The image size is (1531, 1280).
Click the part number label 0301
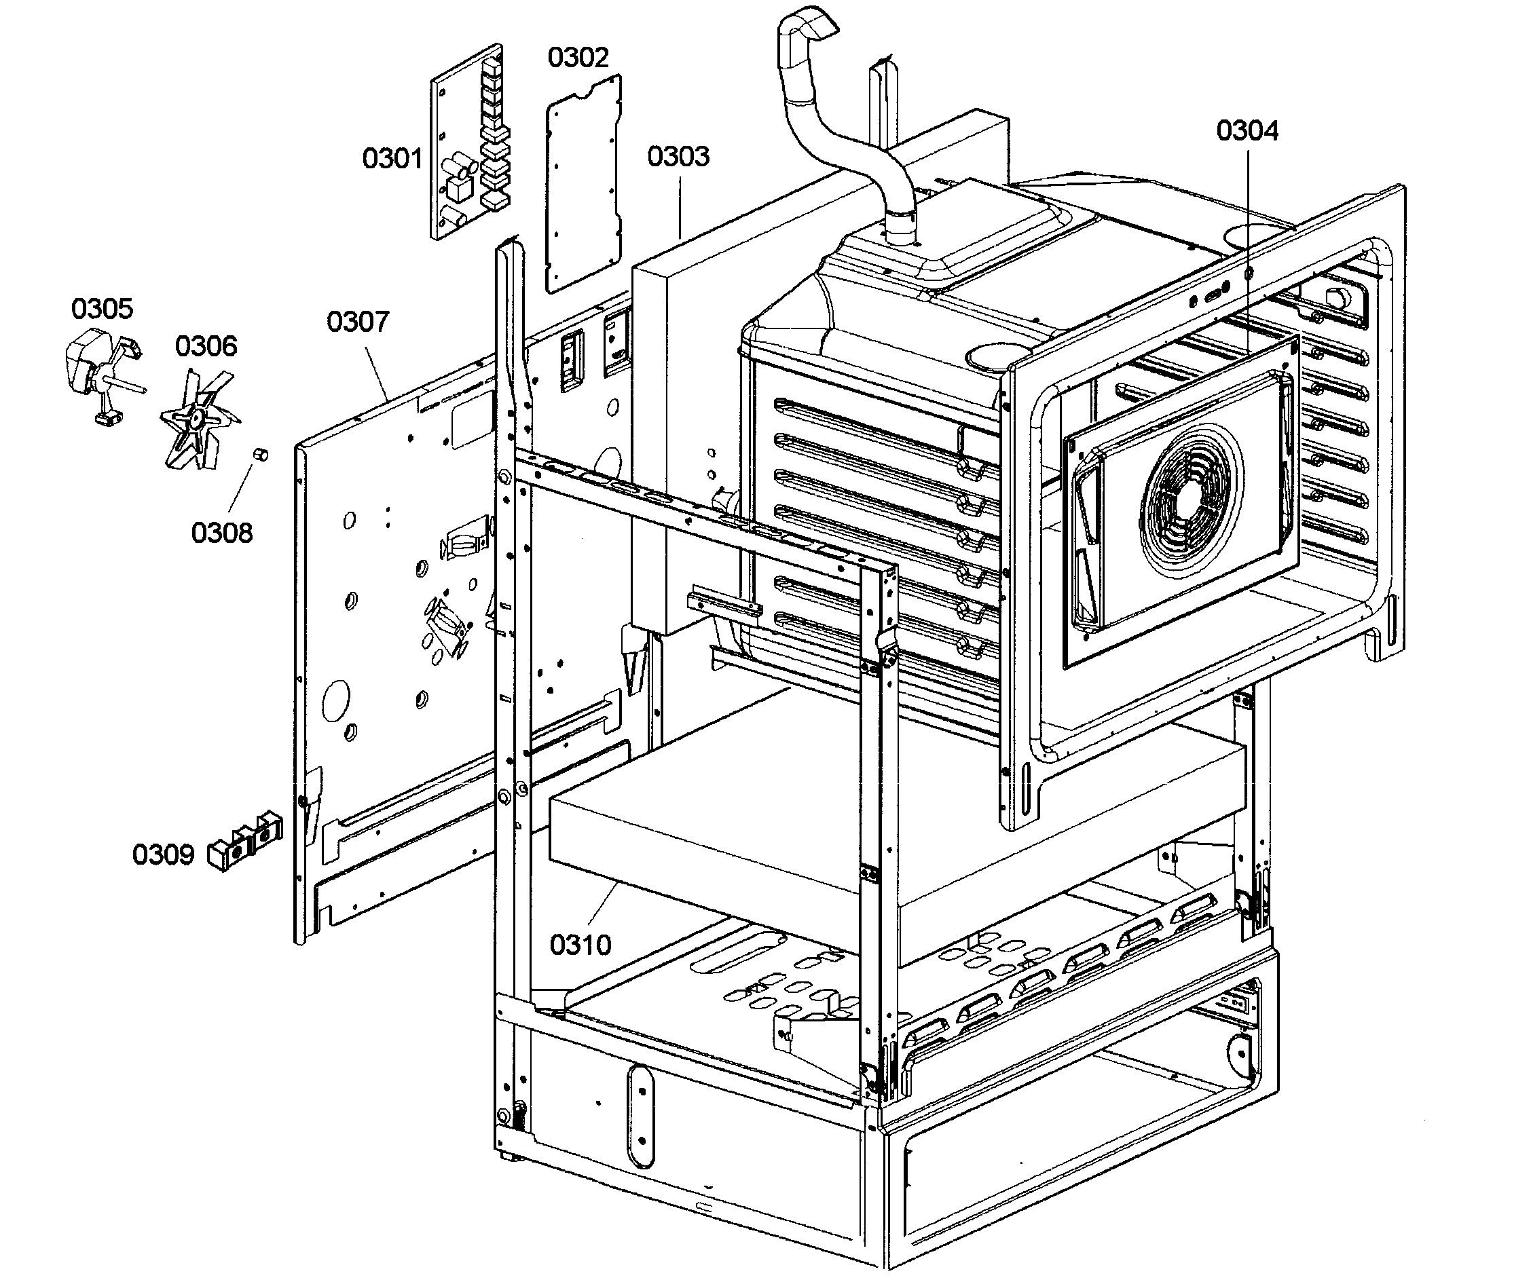point(392,158)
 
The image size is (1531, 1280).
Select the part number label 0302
point(578,57)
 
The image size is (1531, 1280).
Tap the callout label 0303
point(678,156)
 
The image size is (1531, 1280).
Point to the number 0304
point(1247,130)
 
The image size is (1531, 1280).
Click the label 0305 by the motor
point(102,308)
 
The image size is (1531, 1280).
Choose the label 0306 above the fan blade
point(206,345)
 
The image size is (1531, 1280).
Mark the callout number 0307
point(357,321)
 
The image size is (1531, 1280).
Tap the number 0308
point(221,533)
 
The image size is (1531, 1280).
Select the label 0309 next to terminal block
point(164,854)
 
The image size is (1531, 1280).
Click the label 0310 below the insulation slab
point(580,945)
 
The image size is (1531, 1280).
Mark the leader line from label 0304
point(1247,240)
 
